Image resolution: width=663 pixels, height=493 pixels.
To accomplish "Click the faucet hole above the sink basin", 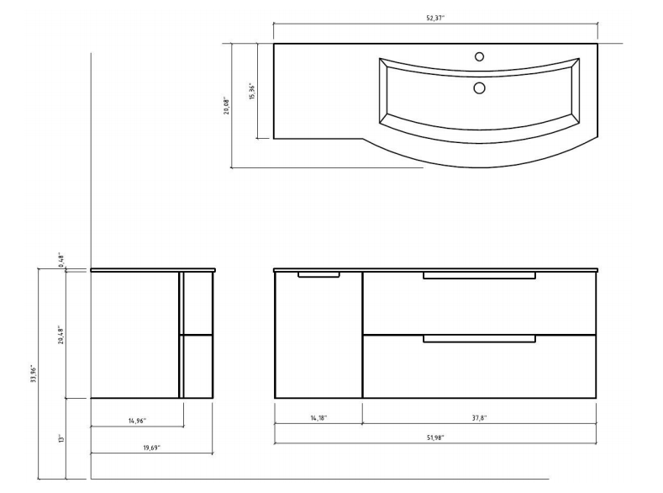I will point(480,57).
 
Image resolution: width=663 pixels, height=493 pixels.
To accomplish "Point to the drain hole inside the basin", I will point(480,87).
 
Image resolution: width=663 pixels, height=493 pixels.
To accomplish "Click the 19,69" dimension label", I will point(151,448).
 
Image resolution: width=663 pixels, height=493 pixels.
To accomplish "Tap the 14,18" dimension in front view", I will point(318,417).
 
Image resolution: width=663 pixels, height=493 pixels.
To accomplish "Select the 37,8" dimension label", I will point(479,417).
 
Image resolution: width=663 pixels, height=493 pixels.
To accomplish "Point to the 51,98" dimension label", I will point(434,437).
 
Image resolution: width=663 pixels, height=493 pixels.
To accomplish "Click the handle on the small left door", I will point(318,274).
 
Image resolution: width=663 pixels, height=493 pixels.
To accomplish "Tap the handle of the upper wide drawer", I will point(479,275).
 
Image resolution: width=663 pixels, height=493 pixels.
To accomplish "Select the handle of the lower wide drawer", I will point(479,338).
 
